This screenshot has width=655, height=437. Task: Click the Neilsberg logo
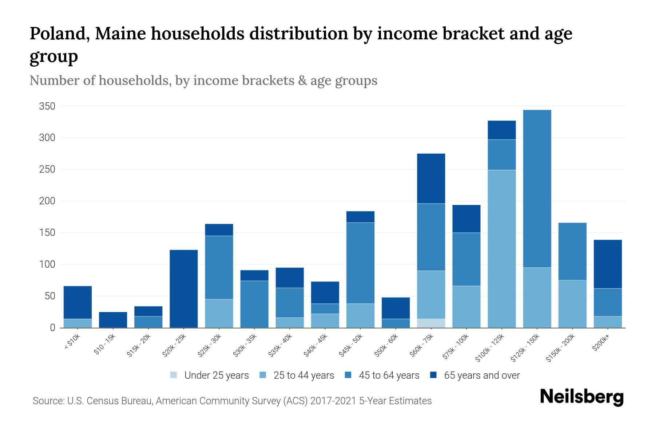point(581,397)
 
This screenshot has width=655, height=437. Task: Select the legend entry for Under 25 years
point(216,375)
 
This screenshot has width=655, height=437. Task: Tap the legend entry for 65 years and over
point(481,375)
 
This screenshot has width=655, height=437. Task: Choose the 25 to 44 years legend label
point(303,375)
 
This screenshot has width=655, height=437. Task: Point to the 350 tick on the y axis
point(47,106)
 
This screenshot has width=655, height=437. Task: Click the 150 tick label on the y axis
point(47,233)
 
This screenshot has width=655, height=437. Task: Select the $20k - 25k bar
point(184,288)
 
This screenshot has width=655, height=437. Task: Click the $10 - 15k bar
point(113,320)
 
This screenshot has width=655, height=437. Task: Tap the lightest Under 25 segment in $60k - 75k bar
point(431,323)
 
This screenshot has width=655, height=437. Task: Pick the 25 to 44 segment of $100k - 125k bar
point(502,248)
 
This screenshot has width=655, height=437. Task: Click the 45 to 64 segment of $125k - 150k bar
point(537,189)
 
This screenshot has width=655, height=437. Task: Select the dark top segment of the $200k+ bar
point(608,264)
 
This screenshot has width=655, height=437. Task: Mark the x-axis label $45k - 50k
point(351,346)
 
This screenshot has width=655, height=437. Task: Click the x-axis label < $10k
point(72,342)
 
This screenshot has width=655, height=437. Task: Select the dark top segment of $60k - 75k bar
point(431,178)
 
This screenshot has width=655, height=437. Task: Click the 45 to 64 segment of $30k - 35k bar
point(254,304)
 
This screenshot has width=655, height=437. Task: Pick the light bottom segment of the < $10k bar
point(78,323)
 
